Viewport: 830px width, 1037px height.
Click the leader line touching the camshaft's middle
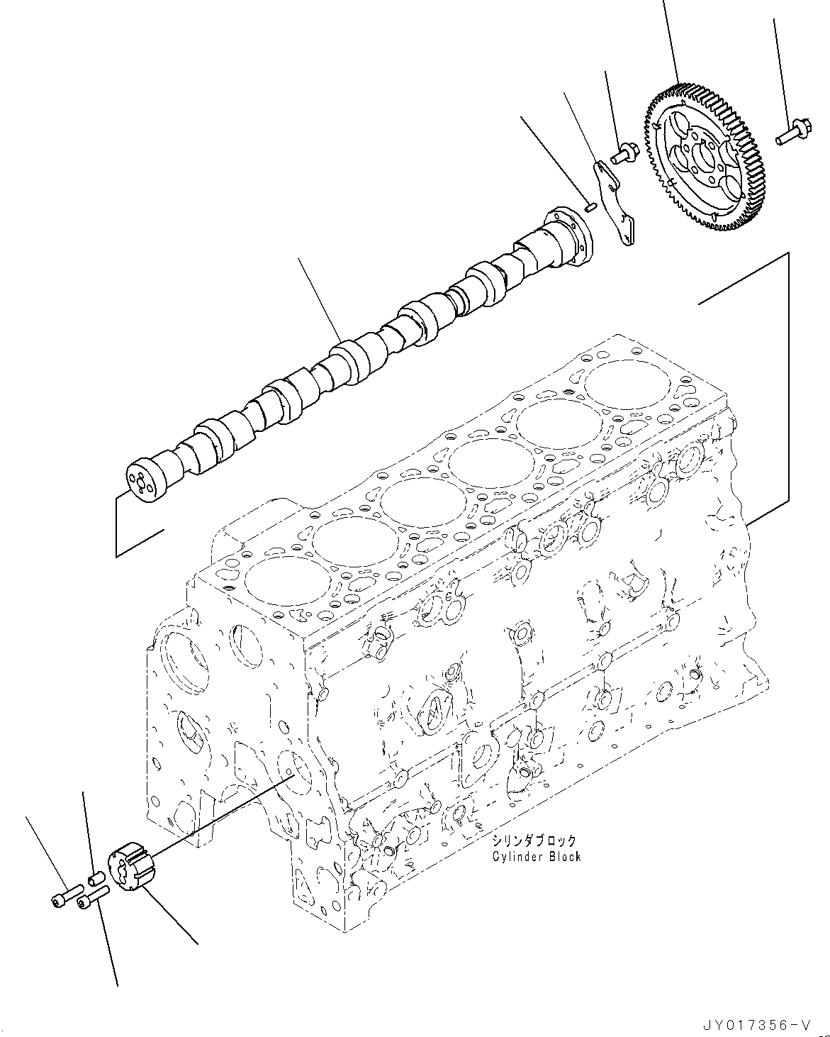(320, 299)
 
